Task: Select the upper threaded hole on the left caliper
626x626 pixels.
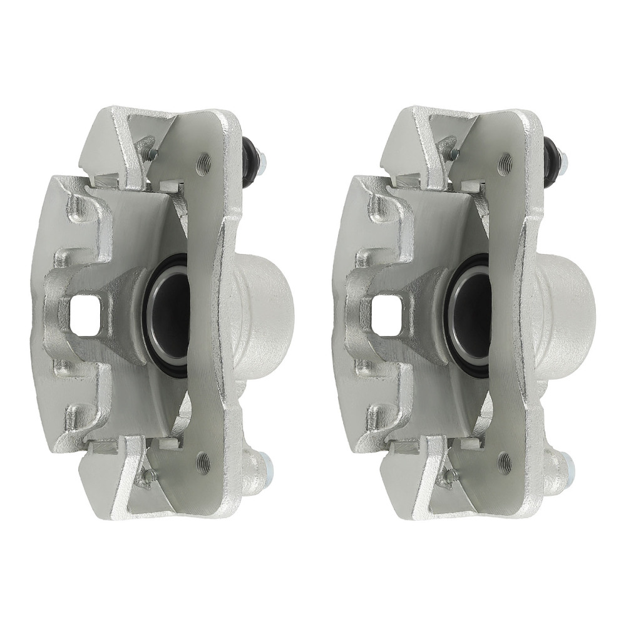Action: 203,164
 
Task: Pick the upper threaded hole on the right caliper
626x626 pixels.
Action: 505,164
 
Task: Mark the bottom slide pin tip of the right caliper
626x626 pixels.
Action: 569,465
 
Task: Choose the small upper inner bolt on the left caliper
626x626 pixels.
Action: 148,152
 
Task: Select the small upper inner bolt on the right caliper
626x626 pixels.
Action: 451,152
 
